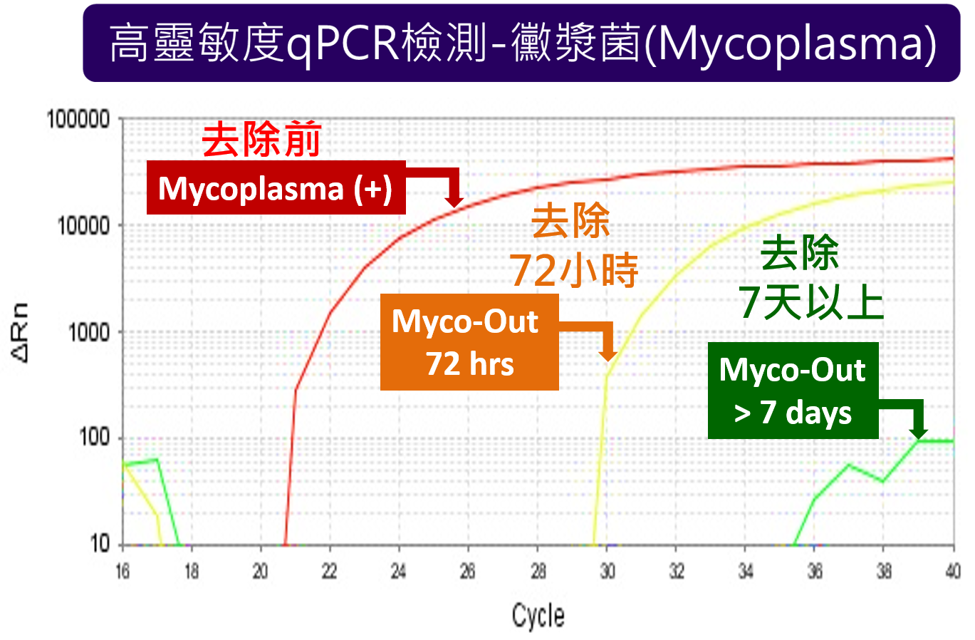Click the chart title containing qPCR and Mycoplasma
tap(521, 43)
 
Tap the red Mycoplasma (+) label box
tap(276, 187)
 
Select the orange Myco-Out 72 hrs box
tap(469, 342)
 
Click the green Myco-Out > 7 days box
tap(793, 391)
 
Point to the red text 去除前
tap(262, 140)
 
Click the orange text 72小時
tap(574, 271)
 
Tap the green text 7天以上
tap(811, 302)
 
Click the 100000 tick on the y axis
tap(78, 119)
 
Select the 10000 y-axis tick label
tap(83, 226)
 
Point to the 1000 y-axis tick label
tap(89, 332)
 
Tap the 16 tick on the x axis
tap(122, 571)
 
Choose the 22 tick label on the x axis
tap(330, 571)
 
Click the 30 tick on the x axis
tap(607, 571)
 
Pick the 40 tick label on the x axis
tap(953, 571)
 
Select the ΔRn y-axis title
tap(21, 332)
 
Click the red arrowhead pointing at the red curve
tap(454, 200)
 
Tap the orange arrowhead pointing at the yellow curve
tap(608, 354)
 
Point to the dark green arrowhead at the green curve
tap(918, 433)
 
